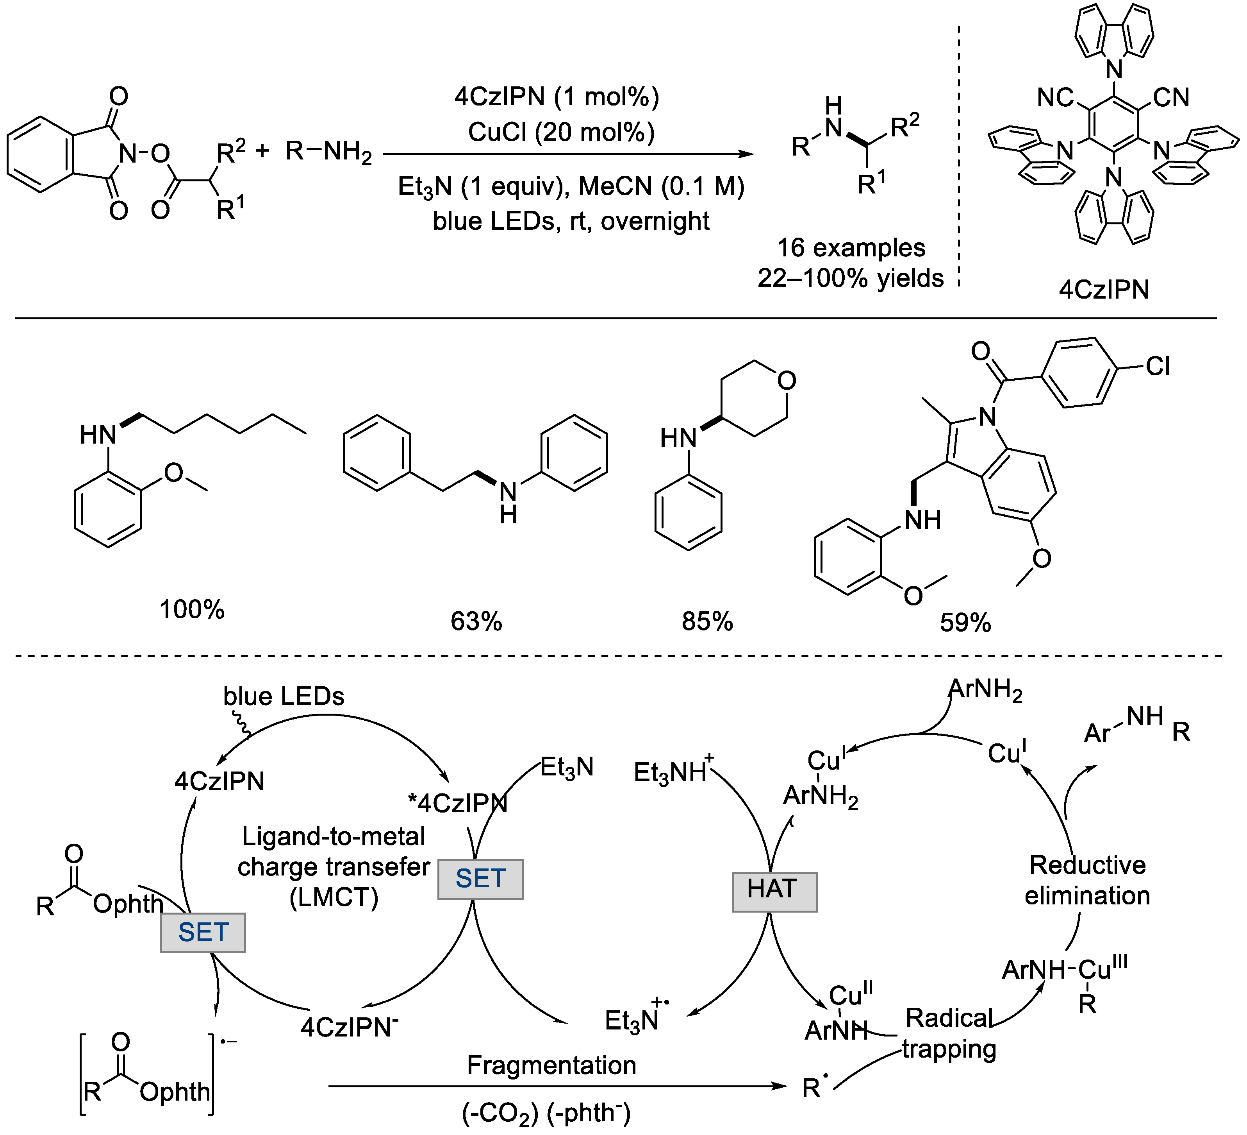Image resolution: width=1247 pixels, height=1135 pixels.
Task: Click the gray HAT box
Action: pyautogui.click(x=774, y=892)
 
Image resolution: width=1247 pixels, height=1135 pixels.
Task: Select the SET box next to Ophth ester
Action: pyautogui.click(x=203, y=932)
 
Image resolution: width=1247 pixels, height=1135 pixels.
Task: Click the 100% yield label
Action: pyautogui.click(x=192, y=610)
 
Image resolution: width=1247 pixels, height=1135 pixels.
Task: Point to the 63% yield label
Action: pyautogui.click(x=476, y=621)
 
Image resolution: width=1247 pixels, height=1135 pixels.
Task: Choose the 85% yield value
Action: pyautogui.click(x=707, y=621)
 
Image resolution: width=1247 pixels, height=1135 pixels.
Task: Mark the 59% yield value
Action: pyautogui.click(x=965, y=623)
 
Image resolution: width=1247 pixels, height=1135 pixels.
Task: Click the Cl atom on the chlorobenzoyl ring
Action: pyautogui.click(x=1157, y=366)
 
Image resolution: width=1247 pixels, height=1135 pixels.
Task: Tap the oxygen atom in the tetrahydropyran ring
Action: pyautogui.click(x=786, y=381)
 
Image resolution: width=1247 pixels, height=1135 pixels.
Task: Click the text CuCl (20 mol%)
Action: pyautogui.click(x=561, y=132)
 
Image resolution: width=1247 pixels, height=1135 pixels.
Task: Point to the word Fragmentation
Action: pyautogui.click(x=551, y=1065)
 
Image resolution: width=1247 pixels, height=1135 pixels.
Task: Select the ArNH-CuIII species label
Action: pyautogui.click(x=1064, y=970)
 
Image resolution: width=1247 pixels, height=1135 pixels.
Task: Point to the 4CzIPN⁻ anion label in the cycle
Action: pyautogui.click(x=350, y=1027)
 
